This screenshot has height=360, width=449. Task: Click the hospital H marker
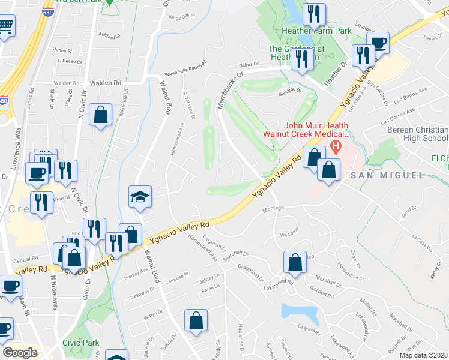point(336,146)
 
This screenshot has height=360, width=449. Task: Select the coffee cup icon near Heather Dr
point(379,43)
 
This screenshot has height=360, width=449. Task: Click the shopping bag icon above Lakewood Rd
point(295,262)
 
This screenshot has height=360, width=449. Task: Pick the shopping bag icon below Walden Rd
point(100,114)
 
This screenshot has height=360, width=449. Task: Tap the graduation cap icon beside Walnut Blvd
point(140,196)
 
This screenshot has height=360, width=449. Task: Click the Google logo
point(20,353)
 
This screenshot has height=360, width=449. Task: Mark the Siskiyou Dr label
point(289,94)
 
